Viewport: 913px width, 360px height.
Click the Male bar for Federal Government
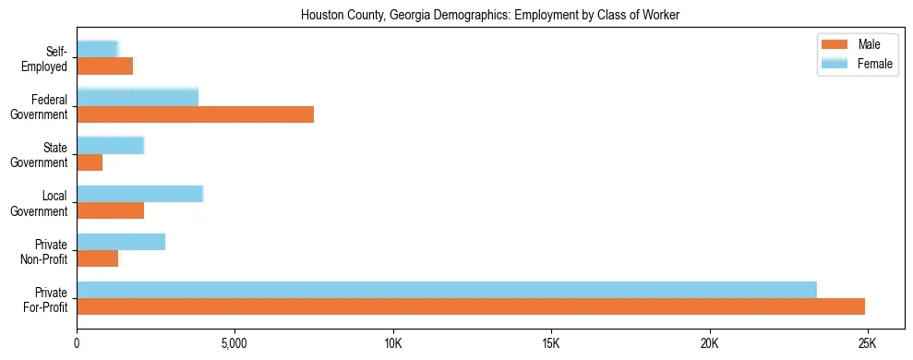coord(195,114)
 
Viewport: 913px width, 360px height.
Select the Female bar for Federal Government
coord(138,97)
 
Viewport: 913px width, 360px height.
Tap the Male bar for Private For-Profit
coord(471,306)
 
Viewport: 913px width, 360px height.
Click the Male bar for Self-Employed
coord(104,66)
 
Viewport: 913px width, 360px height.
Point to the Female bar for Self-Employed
coord(97,49)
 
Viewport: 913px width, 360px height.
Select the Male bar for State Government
coord(90,162)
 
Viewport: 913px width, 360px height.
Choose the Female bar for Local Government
coord(139,194)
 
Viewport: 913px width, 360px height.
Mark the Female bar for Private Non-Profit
coord(121,242)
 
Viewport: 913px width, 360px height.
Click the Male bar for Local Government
coord(110,210)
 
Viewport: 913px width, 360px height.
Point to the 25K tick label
coord(867,344)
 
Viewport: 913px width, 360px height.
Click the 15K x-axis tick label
coord(550,344)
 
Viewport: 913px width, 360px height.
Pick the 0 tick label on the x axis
coord(77,344)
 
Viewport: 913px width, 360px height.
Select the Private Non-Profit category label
coord(47,251)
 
